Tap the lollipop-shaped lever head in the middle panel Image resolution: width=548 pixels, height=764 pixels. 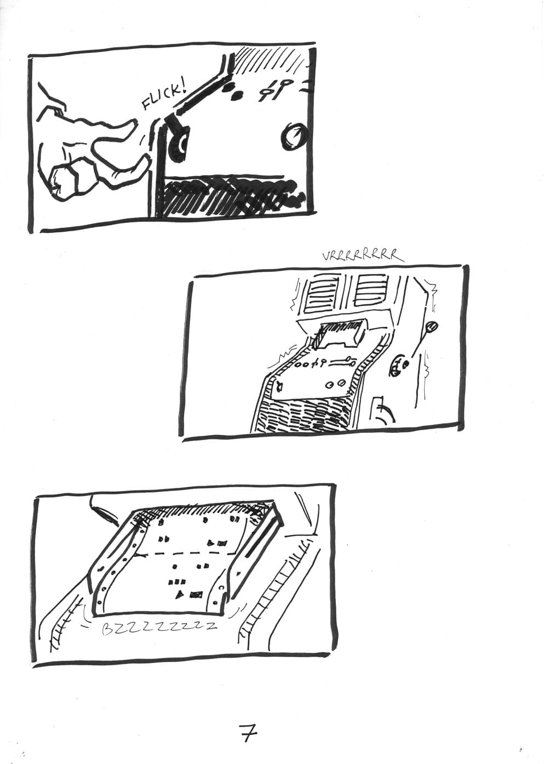(x=432, y=327)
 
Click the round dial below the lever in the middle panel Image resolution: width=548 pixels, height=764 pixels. (x=398, y=367)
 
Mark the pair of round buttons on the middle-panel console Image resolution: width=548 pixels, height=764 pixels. (x=335, y=384)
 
